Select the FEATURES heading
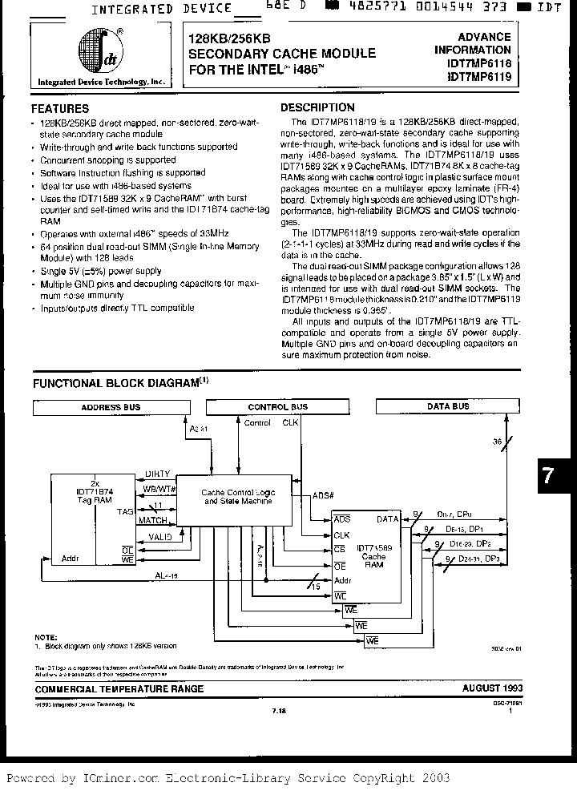tap(60, 108)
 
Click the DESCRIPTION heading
tap(317, 107)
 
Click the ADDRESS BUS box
tap(111, 407)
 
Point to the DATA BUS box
tap(448, 407)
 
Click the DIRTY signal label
tap(156, 474)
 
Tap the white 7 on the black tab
tap(548, 475)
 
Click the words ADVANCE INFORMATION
tap(473, 43)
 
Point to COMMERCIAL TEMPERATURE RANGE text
tap(118, 688)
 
